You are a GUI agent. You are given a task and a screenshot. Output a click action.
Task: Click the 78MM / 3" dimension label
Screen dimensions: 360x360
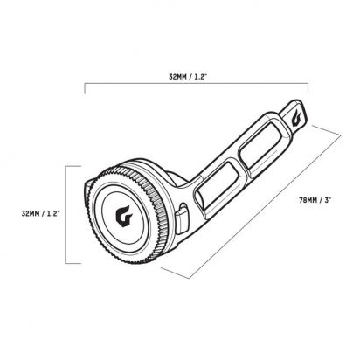[x=315, y=200]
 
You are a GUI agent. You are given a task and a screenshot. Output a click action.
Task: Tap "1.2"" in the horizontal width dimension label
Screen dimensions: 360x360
[x=201, y=77]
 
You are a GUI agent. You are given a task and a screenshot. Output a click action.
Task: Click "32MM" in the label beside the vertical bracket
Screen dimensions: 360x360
[x=29, y=213]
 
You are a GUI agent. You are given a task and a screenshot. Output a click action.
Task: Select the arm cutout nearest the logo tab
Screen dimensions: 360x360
[x=261, y=145]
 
